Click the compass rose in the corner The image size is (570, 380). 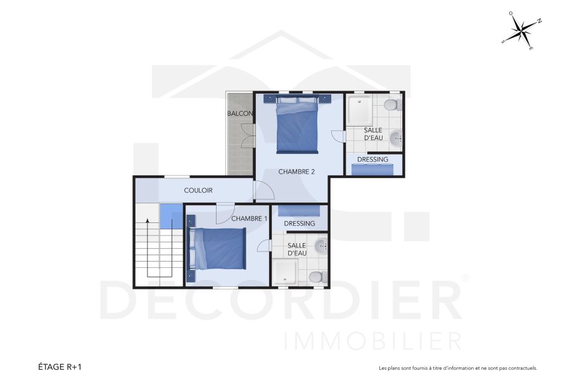pyautogui.click(x=521, y=30)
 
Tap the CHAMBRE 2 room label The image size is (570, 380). pyautogui.click(x=296, y=172)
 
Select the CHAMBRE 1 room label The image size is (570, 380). pyautogui.click(x=249, y=218)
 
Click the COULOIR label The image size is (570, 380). pyautogui.click(x=198, y=191)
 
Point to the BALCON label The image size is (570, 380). pyautogui.click(x=240, y=114)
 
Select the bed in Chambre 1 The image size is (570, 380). pyautogui.click(x=218, y=248)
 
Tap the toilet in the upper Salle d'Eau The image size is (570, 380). pyautogui.click(x=393, y=104)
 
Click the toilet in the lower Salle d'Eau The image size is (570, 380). pyautogui.click(x=316, y=277)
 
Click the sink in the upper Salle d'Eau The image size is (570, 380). pyautogui.click(x=396, y=136)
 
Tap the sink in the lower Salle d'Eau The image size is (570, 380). pyautogui.click(x=321, y=245)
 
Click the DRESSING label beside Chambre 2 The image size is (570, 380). pyautogui.click(x=372, y=160)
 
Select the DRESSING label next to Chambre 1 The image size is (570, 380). pyautogui.click(x=300, y=224)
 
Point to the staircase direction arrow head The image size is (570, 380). pyautogui.click(x=148, y=221)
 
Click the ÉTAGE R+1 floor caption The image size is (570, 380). pyautogui.click(x=60, y=367)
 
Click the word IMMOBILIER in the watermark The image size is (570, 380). pyautogui.click(x=374, y=340)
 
